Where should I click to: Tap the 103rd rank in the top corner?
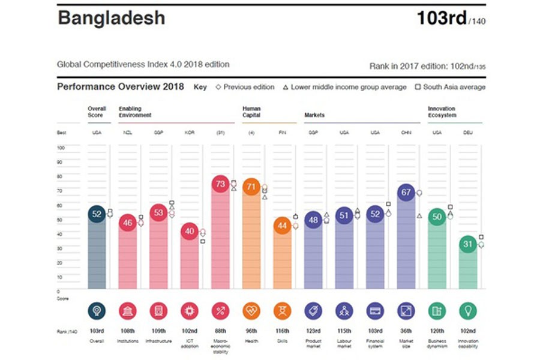click(442, 18)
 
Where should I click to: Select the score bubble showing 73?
click(220, 184)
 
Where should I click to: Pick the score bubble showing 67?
click(406, 193)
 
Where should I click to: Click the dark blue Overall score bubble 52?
click(97, 214)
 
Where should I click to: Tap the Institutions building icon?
click(127, 311)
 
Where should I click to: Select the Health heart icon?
click(251, 311)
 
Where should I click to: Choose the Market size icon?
click(406, 311)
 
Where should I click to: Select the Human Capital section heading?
click(251, 112)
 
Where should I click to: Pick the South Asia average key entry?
click(451, 87)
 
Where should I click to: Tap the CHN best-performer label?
click(406, 133)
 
